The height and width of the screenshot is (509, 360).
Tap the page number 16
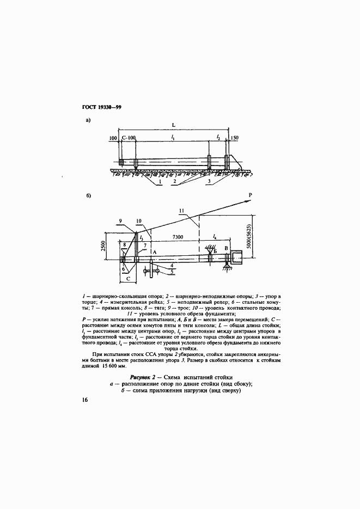pos(85,401)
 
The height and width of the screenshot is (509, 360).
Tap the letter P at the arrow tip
pos(251,195)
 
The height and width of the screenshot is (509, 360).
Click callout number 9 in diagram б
pos(120,220)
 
